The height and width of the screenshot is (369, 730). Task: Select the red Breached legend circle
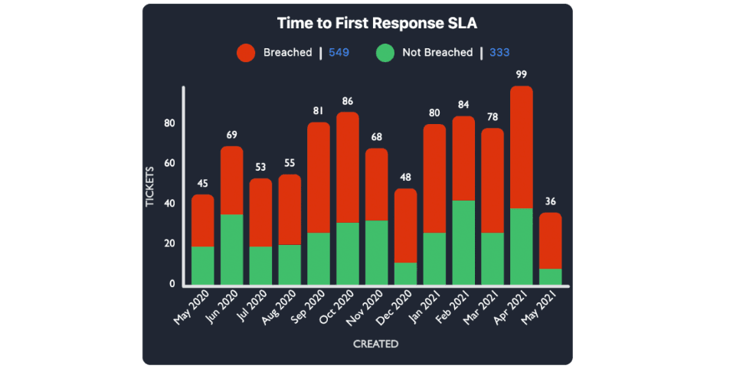246,53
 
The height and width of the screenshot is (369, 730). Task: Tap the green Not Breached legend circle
386,53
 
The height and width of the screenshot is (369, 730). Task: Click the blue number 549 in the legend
339,53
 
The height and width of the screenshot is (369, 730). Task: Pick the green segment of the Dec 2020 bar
406,274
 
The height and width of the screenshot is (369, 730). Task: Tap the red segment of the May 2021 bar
551,240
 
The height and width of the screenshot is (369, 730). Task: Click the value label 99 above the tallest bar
522,74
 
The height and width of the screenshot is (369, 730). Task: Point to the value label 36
551,201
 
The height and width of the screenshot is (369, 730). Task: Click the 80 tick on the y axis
169,123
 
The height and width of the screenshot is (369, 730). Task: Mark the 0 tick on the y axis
172,284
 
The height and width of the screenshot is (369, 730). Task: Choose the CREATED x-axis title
375,345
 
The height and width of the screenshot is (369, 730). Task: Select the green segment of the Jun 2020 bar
232,250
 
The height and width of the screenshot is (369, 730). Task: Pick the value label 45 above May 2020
202,183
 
